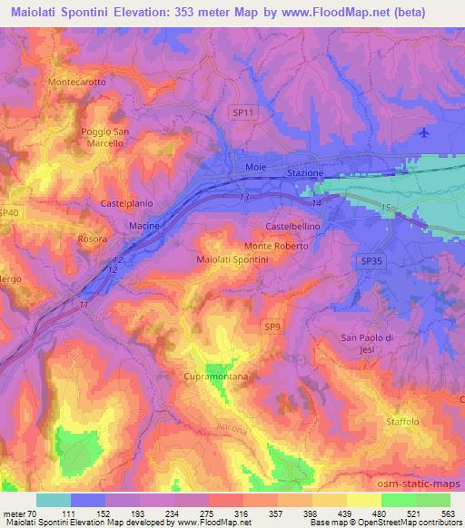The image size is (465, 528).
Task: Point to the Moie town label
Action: pos(255,167)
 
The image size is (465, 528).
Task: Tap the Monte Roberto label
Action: pos(277,246)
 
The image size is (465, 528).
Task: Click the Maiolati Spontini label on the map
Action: pos(232,259)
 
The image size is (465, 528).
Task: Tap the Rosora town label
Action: pos(93,240)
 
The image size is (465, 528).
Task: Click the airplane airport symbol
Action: pos(426,133)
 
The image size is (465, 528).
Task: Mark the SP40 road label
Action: pos(9,212)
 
